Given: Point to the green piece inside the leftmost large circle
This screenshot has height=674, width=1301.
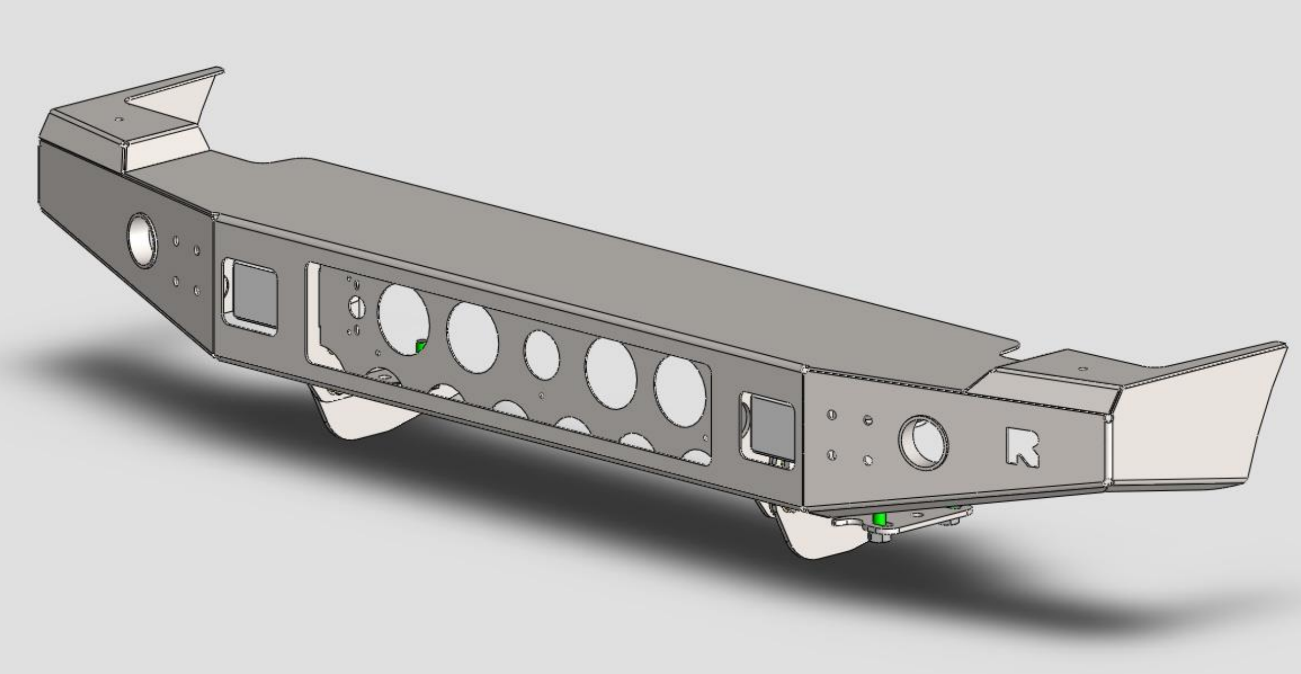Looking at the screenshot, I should coord(421,347).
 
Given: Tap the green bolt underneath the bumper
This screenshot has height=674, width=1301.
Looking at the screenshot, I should coord(879,519).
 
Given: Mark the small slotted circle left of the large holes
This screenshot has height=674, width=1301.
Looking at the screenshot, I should coord(357,307).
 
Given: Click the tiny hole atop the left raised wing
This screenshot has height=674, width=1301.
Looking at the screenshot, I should coord(119,120).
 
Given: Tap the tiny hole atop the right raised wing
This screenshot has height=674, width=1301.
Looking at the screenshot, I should coord(1083,369).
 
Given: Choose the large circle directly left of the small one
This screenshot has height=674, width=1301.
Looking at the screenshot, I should coord(472,338).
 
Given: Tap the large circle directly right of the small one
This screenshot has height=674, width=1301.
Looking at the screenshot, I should coord(610,373).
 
